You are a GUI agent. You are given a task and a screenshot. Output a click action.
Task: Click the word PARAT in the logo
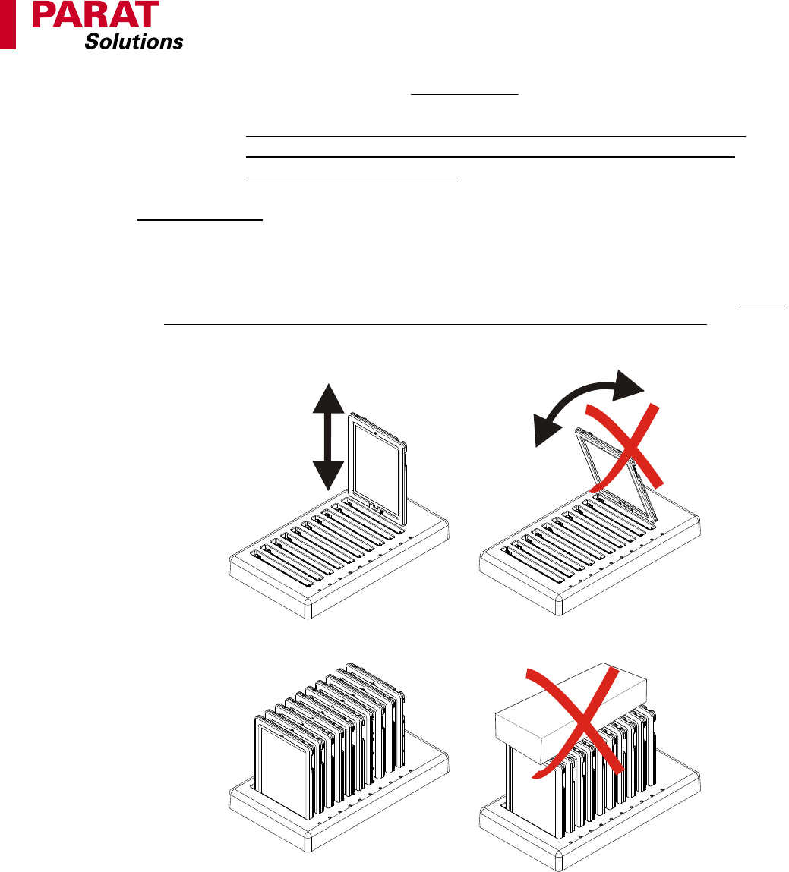click(x=96, y=14)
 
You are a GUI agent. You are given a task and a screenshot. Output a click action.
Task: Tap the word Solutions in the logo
click(x=134, y=41)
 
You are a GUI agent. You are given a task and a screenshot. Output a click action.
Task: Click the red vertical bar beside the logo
click(x=8, y=24)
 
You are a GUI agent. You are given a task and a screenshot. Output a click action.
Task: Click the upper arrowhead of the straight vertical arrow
click(x=328, y=398)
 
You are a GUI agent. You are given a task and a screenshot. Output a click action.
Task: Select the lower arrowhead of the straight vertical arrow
click(x=328, y=476)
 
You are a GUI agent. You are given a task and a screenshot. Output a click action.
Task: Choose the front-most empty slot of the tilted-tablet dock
click(x=531, y=565)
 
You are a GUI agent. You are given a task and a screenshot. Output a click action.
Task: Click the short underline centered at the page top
click(x=465, y=95)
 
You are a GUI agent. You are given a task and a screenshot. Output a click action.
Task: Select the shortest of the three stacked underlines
click(x=352, y=178)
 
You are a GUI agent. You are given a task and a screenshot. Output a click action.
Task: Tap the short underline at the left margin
click(x=200, y=220)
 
